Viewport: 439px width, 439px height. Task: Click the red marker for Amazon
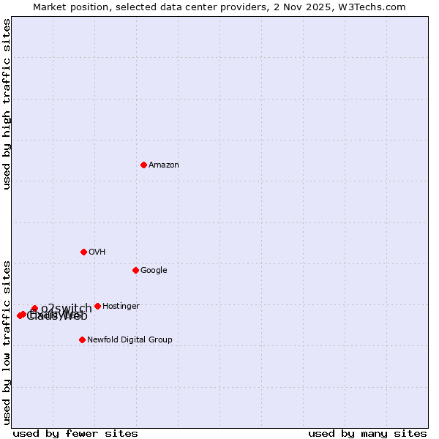click(x=143, y=165)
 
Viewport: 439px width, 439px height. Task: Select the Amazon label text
click(x=164, y=165)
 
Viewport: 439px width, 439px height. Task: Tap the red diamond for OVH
click(x=83, y=252)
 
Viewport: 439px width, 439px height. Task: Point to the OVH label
click(x=97, y=252)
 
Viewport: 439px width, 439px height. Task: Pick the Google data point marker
click(x=135, y=270)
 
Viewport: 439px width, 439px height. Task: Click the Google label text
click(x=154, y=271)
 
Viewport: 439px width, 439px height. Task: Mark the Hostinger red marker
click(x=97, y=306)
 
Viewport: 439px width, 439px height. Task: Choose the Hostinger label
click(x=121, y=307)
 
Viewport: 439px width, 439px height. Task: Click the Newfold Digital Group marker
click(x=82, y=339)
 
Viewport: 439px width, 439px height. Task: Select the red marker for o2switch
click(x=34, y=309)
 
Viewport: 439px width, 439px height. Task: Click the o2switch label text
click(x=67, y=308)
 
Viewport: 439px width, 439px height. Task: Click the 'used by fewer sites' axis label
click(x=75, y=433)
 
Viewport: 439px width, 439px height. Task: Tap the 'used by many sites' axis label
click(x=367, y=433)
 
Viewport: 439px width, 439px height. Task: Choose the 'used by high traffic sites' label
click(x=7, y=104)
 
